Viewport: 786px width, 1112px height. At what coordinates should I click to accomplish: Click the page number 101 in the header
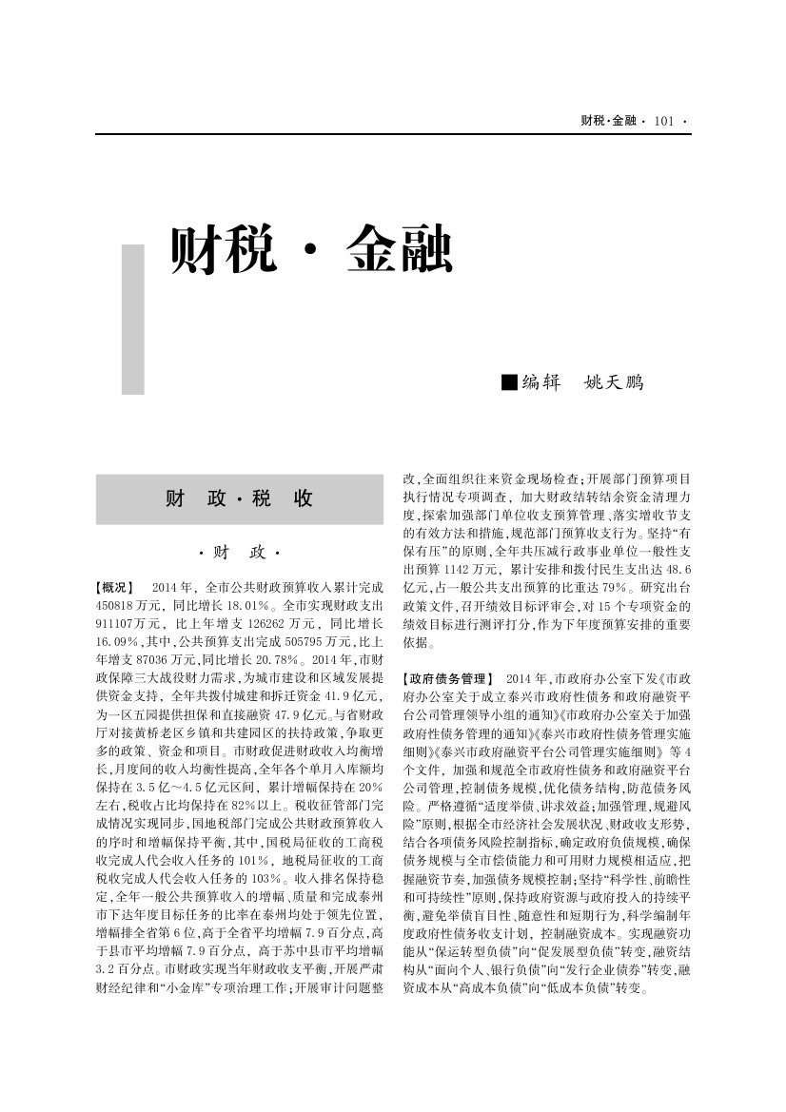(664, 121)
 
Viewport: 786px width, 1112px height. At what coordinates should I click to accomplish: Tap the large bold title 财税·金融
(310, 251)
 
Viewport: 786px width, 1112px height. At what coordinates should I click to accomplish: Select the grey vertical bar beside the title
(133, 319)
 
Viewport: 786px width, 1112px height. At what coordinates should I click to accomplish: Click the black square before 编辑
(509, 382)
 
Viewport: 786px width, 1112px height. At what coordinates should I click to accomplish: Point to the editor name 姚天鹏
(613, 382)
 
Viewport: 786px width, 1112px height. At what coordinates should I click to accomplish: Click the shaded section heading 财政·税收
(240, 498)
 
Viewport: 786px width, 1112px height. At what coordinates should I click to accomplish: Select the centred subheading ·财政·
(240, 553)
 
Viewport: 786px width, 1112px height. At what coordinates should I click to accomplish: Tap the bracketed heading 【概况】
(115, 587)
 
